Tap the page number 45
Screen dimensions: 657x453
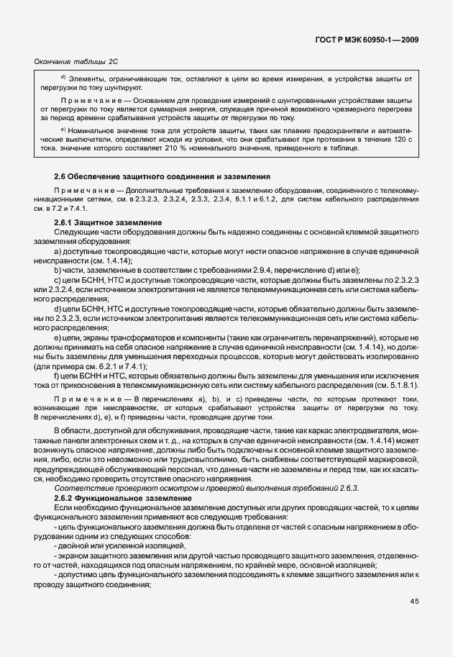[x=414, y=602]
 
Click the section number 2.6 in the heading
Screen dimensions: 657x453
[x=60, y=176]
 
